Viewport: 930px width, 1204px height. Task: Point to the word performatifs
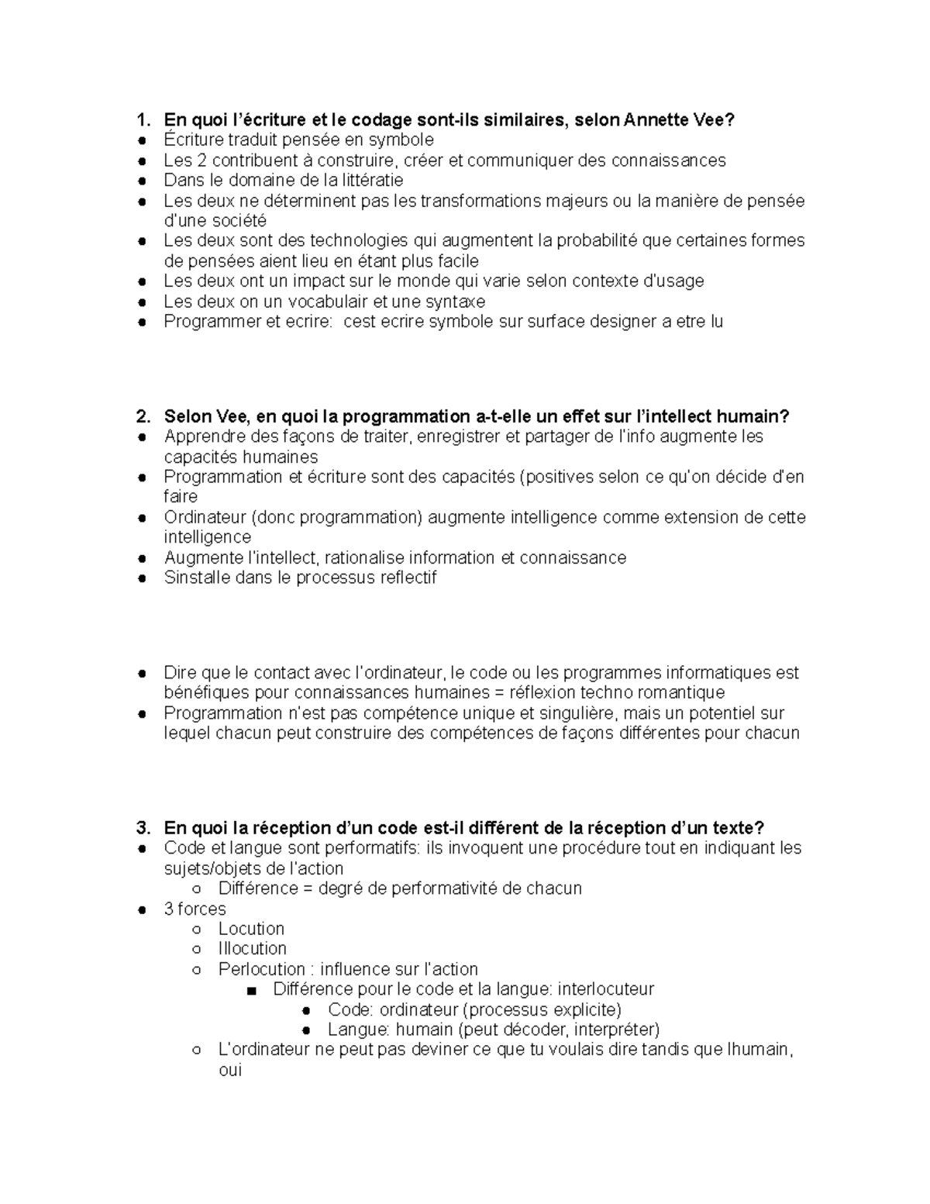(x=370, y=847)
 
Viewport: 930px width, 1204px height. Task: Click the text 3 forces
(x=195, y=909)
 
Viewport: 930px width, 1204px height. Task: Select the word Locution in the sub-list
(x=251, y=929)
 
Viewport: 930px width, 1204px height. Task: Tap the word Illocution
(x=252, y=949)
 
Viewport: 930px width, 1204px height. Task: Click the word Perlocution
(x=261, y=969)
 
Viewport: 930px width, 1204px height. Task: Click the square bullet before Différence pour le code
(x=251, y=990)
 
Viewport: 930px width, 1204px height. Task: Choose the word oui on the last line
(x=230, y=1071)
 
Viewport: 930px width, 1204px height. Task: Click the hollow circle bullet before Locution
(x=197, y=929)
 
